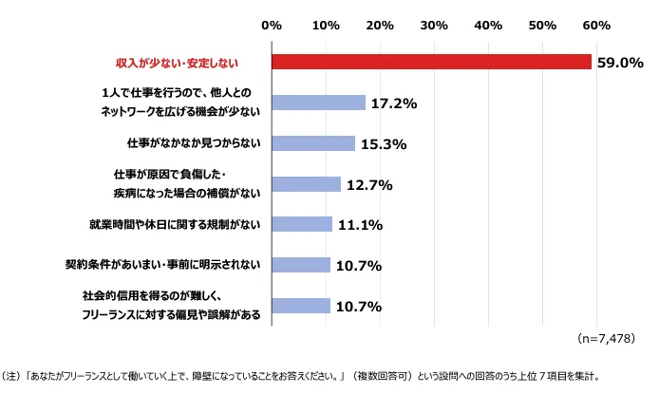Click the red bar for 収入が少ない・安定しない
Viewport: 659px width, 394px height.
431,62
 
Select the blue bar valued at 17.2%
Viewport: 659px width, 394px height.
318,103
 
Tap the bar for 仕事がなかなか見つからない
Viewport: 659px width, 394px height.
312,143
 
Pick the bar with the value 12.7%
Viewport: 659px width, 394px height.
306,184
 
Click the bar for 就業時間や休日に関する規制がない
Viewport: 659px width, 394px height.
301,224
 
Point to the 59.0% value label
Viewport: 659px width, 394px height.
620,63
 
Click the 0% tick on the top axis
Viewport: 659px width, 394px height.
272,23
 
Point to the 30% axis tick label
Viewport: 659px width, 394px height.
434,23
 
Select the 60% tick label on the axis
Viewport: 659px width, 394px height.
596,23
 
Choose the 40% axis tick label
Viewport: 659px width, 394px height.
488,23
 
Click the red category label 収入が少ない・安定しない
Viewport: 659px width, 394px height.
176,63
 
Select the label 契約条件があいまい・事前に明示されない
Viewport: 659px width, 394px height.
163,266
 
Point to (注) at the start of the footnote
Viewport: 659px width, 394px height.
13,375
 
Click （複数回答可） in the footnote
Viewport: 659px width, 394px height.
380,375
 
